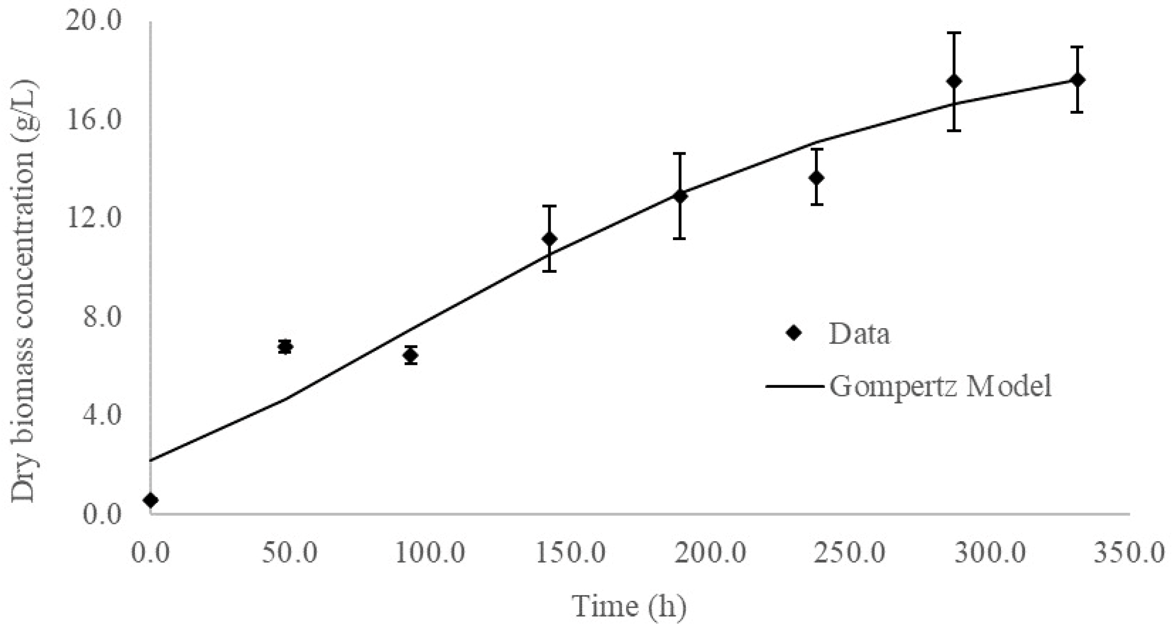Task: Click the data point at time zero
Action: tap(151, 500)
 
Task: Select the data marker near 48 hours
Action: tap(285, 347)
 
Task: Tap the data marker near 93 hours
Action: tap(410, 355)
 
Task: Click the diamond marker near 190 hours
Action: tap(680, 196)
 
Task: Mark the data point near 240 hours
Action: tap(817, 177)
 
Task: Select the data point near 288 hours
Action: tap(954, 82)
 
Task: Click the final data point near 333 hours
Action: tap(1077, 80)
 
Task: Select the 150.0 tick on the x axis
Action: tap(571, 553)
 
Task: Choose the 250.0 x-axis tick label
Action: tap(850, 553)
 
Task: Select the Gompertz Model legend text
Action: tap(941, 386)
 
